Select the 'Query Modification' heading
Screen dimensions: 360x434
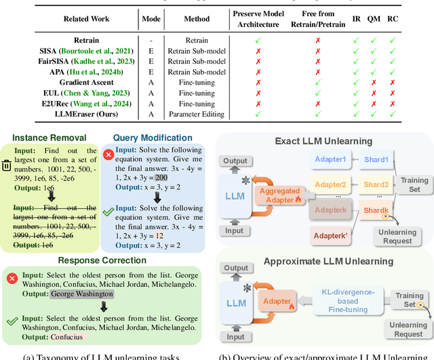(x=153, y=137)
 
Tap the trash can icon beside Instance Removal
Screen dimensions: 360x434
(x=6, y=165)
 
